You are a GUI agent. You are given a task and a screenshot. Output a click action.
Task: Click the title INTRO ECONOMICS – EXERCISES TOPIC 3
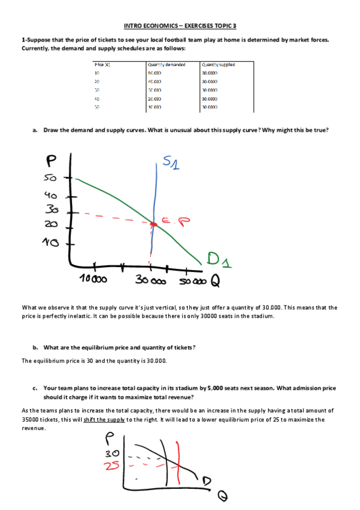click(x=180, y=26)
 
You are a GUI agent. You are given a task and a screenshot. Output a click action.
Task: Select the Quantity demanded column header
click(x=166, y=64)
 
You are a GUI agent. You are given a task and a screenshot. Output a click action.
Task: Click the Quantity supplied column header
click(x=218, y=64)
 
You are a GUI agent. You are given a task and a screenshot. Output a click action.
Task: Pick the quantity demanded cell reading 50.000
click(x=155, y=73)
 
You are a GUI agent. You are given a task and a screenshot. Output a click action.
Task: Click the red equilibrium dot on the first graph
click(x=153, y=224)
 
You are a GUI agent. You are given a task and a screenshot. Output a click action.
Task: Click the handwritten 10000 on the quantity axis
click(x=94, y=280)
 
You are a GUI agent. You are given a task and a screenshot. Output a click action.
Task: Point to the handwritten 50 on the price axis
click(x=49, y=179)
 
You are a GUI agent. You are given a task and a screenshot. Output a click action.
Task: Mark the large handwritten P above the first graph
click(x=52, y=160)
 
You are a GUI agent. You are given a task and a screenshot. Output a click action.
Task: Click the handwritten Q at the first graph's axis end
click(x=215, y=280)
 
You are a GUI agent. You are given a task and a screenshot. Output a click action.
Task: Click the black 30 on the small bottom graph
click(x=112, y=453)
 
